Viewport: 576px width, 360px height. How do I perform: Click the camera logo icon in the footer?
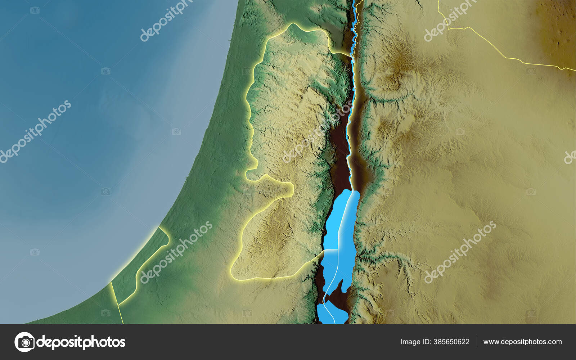[x=24, y=342]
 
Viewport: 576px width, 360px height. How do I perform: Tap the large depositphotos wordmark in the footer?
[x=81, y=342]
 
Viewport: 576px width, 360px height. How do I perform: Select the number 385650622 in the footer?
[x=451, y=342]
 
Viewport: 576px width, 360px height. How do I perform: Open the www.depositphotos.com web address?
[x=522, y=342]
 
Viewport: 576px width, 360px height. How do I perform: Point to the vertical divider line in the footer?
[x=476, y=342]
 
